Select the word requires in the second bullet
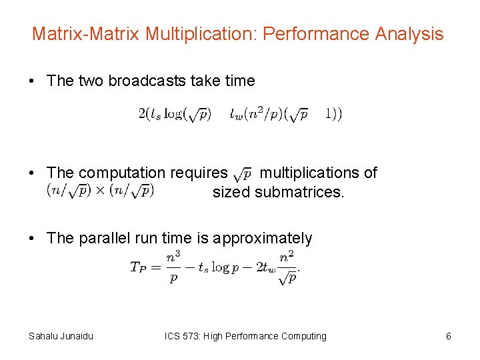(200, 173)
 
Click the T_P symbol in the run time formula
(138, 268)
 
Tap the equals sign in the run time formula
(157, 268)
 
